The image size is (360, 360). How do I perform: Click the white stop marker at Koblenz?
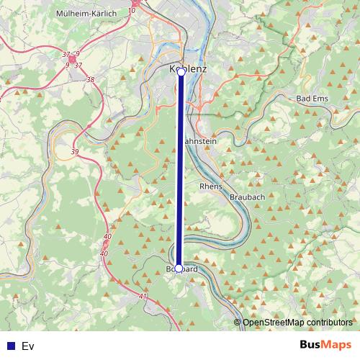[x=181, y=72]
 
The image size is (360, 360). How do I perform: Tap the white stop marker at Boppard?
[x=179, y=269]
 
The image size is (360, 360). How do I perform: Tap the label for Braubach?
[x=247, y=197]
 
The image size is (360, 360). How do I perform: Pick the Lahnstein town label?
[x=201, y=143]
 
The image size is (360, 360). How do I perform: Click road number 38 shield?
[x=90, y=79]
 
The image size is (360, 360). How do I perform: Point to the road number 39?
[x=76, y=152]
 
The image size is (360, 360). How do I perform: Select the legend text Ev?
[x=28, y=346]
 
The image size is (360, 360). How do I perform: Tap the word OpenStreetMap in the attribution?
[x=276, y=323]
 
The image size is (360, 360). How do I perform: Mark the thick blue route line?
[x=180, y=173]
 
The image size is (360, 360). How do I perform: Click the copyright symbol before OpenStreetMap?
[x=238, y=323]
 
